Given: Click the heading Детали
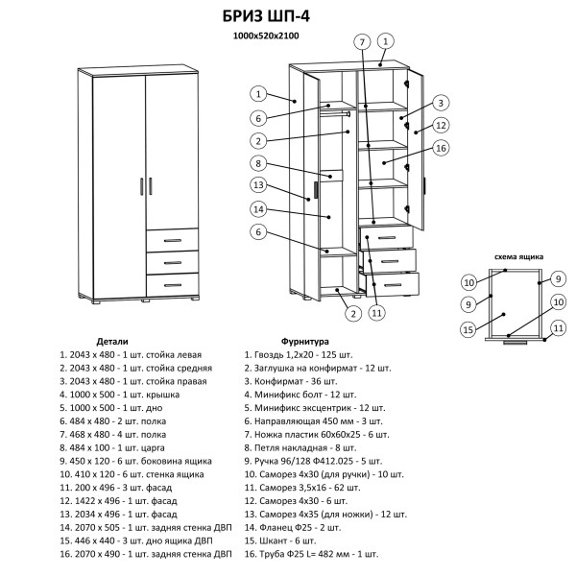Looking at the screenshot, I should click(x=113, y=341).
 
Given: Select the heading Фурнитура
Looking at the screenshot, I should click(x=305, y=341).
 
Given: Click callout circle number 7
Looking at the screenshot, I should click(x=361, y=42).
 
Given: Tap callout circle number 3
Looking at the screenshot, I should click(x=439, y=103).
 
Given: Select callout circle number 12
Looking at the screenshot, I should click(x=441, y=125).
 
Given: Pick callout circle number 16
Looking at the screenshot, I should click(x=441, y=148).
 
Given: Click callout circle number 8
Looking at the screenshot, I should click(x=258, y=162).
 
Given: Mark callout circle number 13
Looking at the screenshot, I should click(x=258, y=185).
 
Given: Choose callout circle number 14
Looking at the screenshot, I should click(x=258, y=208).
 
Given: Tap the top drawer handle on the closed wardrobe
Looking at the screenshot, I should click(x=173, y=239).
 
